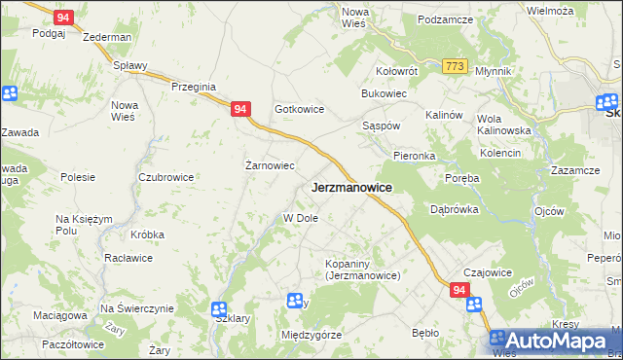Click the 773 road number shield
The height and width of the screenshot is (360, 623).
pos(454,65)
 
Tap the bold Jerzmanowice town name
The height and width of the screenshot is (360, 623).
pos(351,187)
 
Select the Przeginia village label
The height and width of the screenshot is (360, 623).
pos(193,87)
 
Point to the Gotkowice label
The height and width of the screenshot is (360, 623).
pos(299,110)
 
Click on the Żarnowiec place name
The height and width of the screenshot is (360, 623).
pos(269,165)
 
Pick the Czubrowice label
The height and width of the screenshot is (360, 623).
pos(165,177)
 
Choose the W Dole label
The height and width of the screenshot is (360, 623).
pos(301,218)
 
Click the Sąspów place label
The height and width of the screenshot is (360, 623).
pos(381,127)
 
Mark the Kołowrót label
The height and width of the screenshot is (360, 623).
pos(397,71)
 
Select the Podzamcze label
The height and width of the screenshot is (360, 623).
pos(445,19)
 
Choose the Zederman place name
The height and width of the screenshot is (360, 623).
pos(107,37)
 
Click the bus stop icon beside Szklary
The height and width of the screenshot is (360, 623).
pos(220,309)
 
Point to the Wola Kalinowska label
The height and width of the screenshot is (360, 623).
pos(503,125)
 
